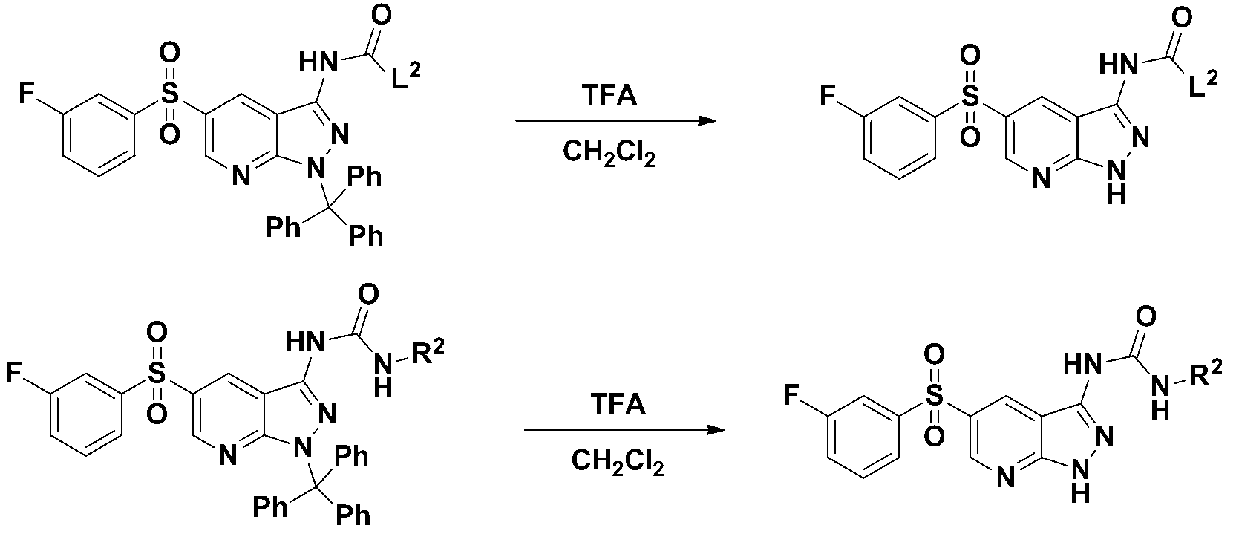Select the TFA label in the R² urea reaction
coord(617,406)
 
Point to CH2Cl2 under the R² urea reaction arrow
coord(618,462)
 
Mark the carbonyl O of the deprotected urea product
coord(1145,317)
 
